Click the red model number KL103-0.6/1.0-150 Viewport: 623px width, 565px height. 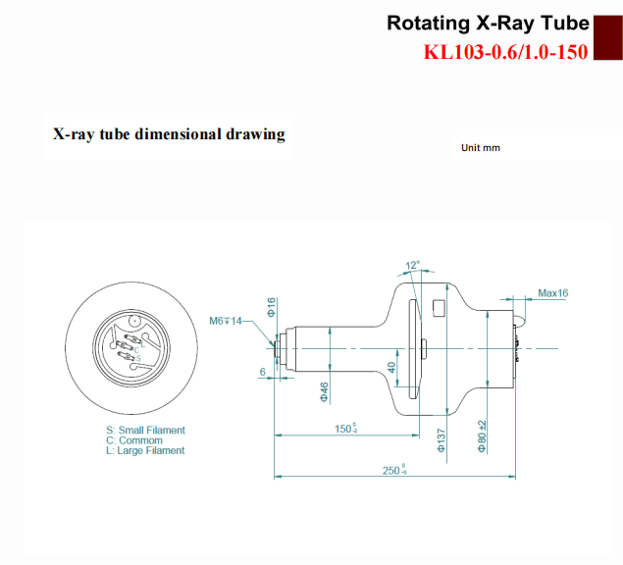[505, 52]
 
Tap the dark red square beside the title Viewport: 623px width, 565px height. [608, 37]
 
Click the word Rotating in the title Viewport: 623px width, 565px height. [429, 24]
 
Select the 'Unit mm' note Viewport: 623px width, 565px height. [481, 148]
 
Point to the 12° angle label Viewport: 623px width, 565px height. [412, 265]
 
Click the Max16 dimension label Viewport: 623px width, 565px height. [553, 293]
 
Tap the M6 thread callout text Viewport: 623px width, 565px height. [226, 321]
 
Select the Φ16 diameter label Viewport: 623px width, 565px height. [271, 307]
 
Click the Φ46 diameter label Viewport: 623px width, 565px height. [325, 391]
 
